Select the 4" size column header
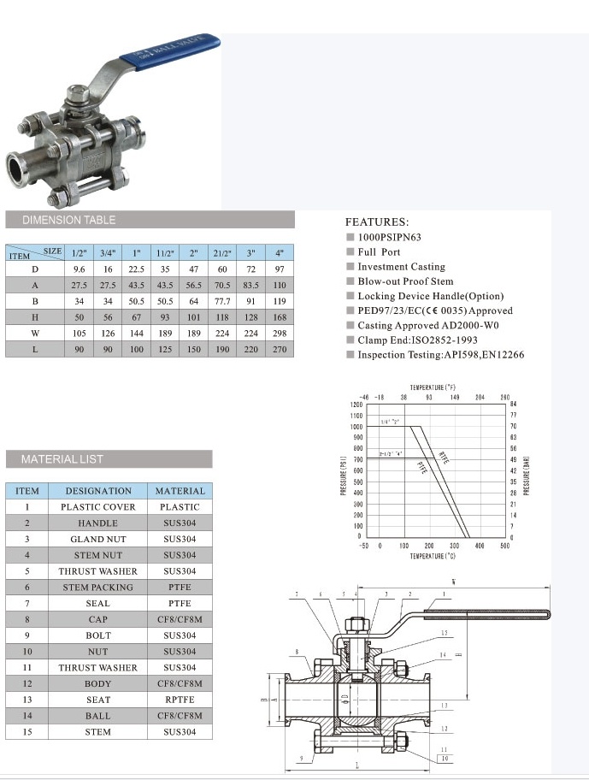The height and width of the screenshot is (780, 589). [x=280, y=253]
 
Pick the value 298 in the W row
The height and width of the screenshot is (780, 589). [x=280, y=334]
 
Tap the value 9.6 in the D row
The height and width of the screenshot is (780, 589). [x=79, y=269]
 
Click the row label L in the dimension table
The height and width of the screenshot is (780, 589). [x=35, y=350]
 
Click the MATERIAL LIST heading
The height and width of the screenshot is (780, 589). [x=62, y=459]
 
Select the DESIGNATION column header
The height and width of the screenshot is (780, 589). [x=98, y=491]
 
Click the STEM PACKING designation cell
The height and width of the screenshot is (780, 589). [x=98, y=588]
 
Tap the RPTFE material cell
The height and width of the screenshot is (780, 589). [x=180, y=700]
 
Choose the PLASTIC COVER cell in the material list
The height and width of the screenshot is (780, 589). [x=98, y=507]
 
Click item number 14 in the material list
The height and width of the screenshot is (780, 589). [x=27, y=716]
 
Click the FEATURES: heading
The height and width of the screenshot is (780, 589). [x=377, y=222]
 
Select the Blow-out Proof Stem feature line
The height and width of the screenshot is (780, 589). [x=405, y=281]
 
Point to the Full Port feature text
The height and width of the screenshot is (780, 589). [x=379, y=252]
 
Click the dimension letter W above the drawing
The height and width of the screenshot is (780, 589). [x=453, y=582]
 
